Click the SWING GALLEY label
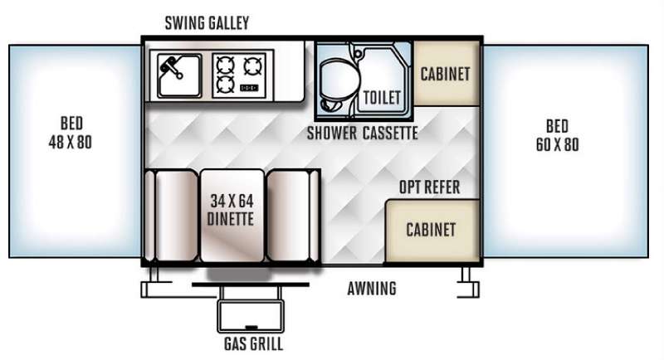(x=207, y=23)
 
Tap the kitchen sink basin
(x=179, y=75)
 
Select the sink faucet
(x=170, y=68)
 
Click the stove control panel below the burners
(x=249, y=88)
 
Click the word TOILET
(x=382, y=98)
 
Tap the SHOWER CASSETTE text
(x=362, y=134)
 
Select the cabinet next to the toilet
(x=446, y=74)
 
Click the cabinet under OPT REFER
(x=432, y=231)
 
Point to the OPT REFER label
(x=429, y=187)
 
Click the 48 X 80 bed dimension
(x=71, y=142)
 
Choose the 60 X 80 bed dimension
(x=557, y=144)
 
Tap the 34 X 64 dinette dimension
(x=232, y=201)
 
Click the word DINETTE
(x=231, y=219)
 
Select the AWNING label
(x=372, y=289)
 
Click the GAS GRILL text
(x=253, y=344)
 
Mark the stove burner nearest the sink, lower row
(x=225, y=83)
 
